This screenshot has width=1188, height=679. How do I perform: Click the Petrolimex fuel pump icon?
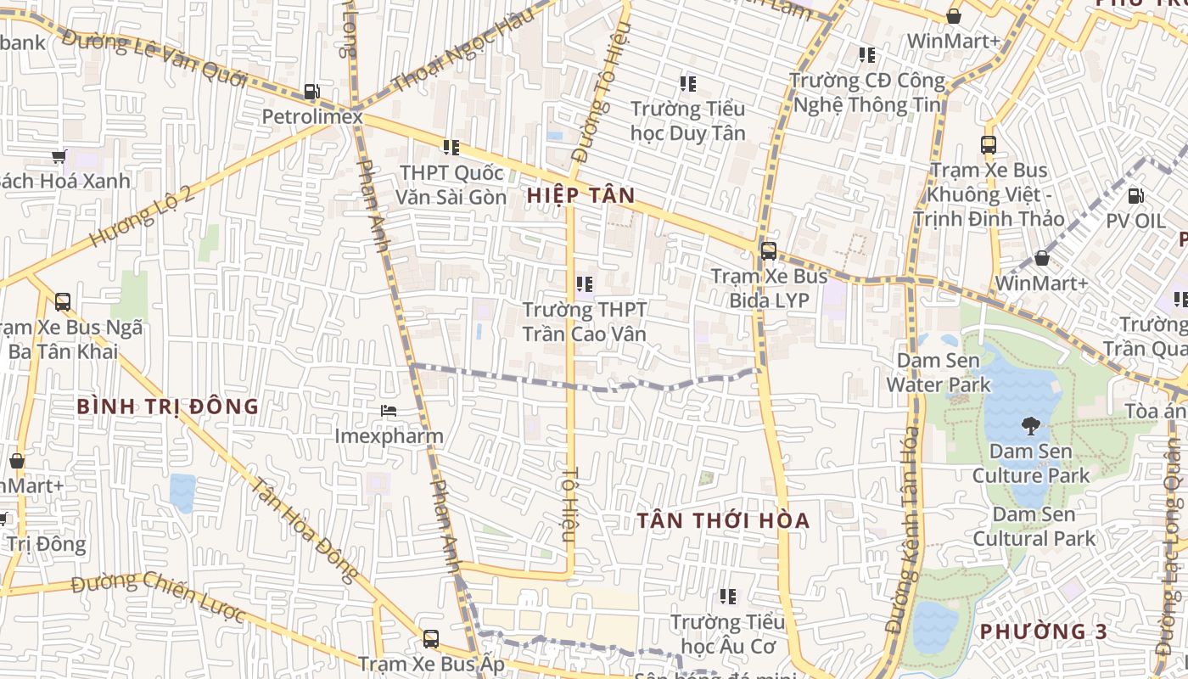pos(311,92)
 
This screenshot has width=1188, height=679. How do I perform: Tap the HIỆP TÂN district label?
pos(580,196)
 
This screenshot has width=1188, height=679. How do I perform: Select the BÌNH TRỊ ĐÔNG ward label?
pos(168,407)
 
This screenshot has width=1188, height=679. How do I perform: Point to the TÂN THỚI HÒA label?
pos(724,520)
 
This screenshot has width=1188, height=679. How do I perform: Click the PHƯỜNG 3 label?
pos(1044,631)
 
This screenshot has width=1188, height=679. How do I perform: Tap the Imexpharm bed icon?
pos(388,411)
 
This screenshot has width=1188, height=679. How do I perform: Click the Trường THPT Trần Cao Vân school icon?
pos(584,284)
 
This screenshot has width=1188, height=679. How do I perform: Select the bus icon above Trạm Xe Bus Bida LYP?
pos(768,251)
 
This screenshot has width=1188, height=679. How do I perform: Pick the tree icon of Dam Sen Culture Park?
pos(1031,425)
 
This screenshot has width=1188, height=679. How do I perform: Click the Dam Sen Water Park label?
pos(938,373)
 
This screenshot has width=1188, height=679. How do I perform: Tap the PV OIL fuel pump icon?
pos(1135,196)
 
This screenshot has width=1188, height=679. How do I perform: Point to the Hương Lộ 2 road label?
pos(141,216)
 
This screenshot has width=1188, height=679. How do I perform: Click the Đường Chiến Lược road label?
pos(158,597)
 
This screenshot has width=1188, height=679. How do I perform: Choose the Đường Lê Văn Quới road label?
pos(154,57)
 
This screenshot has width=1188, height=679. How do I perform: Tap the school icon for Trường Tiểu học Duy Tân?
pos(687,84)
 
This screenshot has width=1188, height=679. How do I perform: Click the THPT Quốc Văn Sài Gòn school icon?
pos(451,148)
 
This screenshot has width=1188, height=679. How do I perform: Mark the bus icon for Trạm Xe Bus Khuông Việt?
pos(989,145)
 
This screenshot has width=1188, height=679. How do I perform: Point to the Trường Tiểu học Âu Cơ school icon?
pos(727,597)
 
